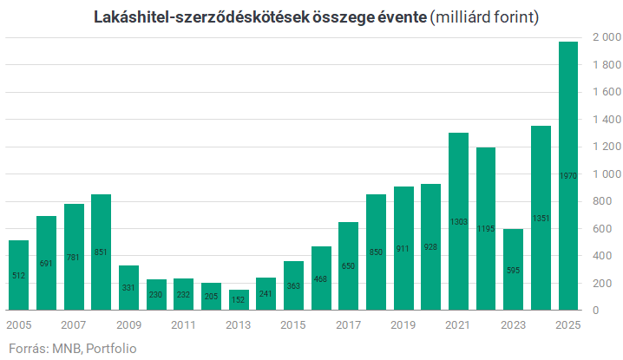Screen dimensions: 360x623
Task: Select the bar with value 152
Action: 239,299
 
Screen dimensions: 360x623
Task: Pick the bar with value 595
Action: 513,269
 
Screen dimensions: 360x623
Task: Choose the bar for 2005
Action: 18,275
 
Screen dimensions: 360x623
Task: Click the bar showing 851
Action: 101,252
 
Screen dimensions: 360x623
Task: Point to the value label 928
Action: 430,223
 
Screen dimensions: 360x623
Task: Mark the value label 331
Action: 128,287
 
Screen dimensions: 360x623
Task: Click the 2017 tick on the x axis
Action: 348,325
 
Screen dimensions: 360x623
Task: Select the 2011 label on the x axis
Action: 183,325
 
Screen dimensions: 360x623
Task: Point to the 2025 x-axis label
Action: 568,325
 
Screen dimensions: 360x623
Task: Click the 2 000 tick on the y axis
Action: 606,38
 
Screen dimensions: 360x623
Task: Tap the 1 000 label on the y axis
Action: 606,174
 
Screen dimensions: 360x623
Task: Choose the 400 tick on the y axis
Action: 606,256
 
